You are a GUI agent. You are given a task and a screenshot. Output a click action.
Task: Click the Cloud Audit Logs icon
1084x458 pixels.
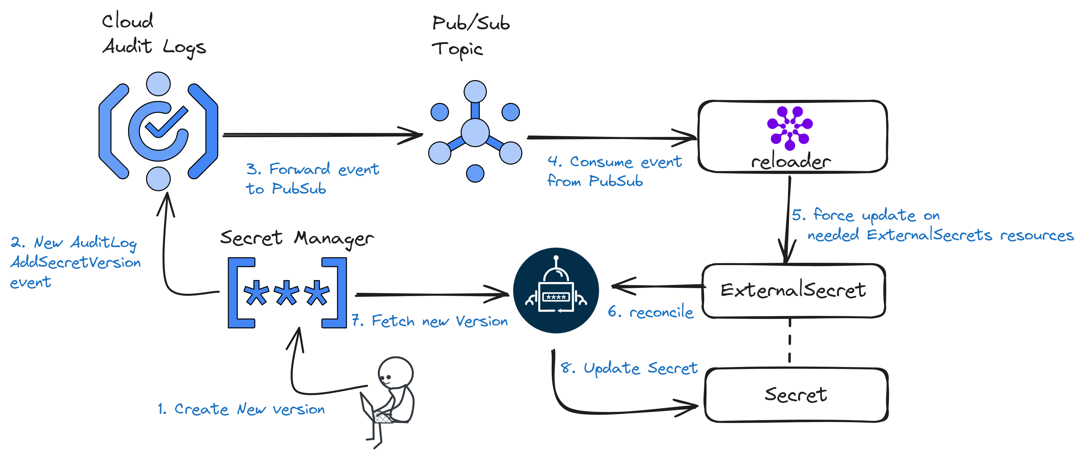pos(158,131)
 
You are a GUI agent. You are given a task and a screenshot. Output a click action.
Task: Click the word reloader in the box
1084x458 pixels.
pos(791,162)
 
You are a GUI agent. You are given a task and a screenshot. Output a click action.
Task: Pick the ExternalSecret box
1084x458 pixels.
pos(794,290)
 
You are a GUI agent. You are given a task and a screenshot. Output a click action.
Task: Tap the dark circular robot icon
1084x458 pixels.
pos(556,290)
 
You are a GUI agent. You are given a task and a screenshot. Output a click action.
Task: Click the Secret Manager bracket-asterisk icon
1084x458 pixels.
pos(287,293)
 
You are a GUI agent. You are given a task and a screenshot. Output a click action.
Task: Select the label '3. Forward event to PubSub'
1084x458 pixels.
pos(312,179)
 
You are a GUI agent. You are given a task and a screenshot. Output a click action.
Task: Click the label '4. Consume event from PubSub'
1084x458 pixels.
pos(614,171)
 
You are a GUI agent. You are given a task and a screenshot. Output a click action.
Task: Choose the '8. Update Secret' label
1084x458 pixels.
pos(629,368)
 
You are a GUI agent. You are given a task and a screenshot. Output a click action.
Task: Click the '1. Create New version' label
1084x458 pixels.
pos(241,409)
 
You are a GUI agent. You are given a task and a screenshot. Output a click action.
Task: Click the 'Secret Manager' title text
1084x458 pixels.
pos(297,238)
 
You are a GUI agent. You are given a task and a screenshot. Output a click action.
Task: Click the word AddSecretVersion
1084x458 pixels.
pos(76,262)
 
